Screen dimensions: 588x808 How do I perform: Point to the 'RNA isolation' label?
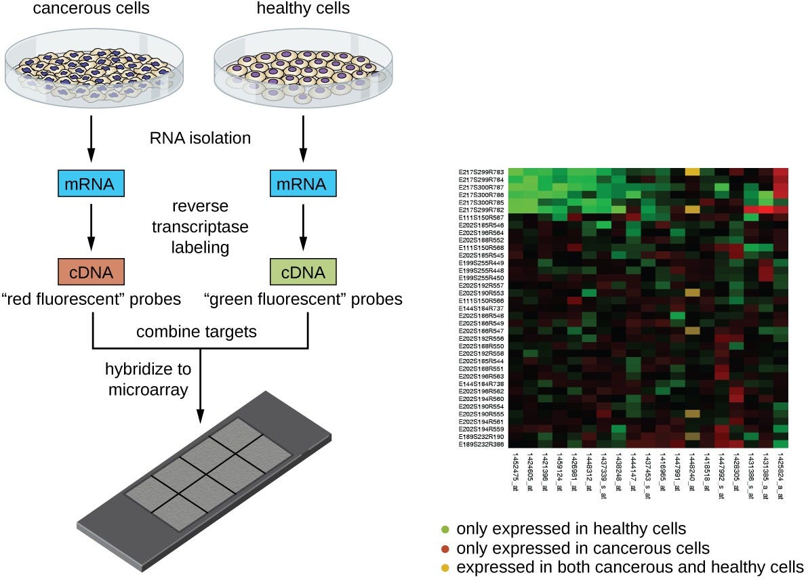point(201,138)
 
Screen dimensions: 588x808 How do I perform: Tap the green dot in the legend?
point(445,529)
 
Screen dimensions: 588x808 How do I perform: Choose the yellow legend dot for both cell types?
point(445,567)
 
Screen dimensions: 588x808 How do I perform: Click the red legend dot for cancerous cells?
point(445,548)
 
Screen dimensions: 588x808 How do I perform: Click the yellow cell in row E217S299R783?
point(692,172)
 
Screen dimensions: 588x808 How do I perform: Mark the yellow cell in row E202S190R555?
point(692,413)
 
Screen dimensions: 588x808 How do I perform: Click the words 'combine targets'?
point(197,332)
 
